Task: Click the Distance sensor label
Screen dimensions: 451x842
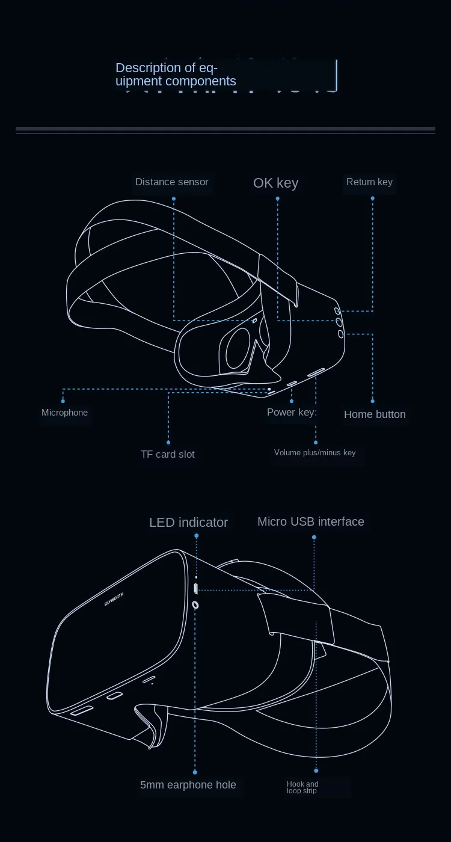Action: (171, 182)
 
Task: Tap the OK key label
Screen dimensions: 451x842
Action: (275, 183)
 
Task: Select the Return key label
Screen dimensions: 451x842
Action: (369, 182)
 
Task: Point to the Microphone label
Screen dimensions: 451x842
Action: (64, 413)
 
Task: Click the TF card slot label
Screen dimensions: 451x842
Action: (168, 454)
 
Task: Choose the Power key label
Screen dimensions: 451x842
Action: (292, 413)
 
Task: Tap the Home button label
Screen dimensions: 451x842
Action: (375, 414)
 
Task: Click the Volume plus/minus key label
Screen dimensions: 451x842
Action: (315, 453)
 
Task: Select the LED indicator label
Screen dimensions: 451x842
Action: (188, 522)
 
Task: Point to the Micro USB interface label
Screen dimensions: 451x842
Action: (311, 521)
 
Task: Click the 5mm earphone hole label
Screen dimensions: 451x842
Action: (188, 785)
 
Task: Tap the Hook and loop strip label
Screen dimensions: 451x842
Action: (302, 787)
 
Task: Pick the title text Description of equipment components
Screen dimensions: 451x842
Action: (176, 75)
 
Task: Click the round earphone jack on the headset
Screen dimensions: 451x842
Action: (195, 604)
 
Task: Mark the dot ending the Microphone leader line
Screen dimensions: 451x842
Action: (63, 401)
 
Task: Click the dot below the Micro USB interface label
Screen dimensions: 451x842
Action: (314, 537)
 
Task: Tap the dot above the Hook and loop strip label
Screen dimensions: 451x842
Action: (316, 770)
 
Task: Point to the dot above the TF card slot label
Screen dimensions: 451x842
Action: (168, 442)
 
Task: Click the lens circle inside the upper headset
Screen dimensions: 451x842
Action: (238, 349)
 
